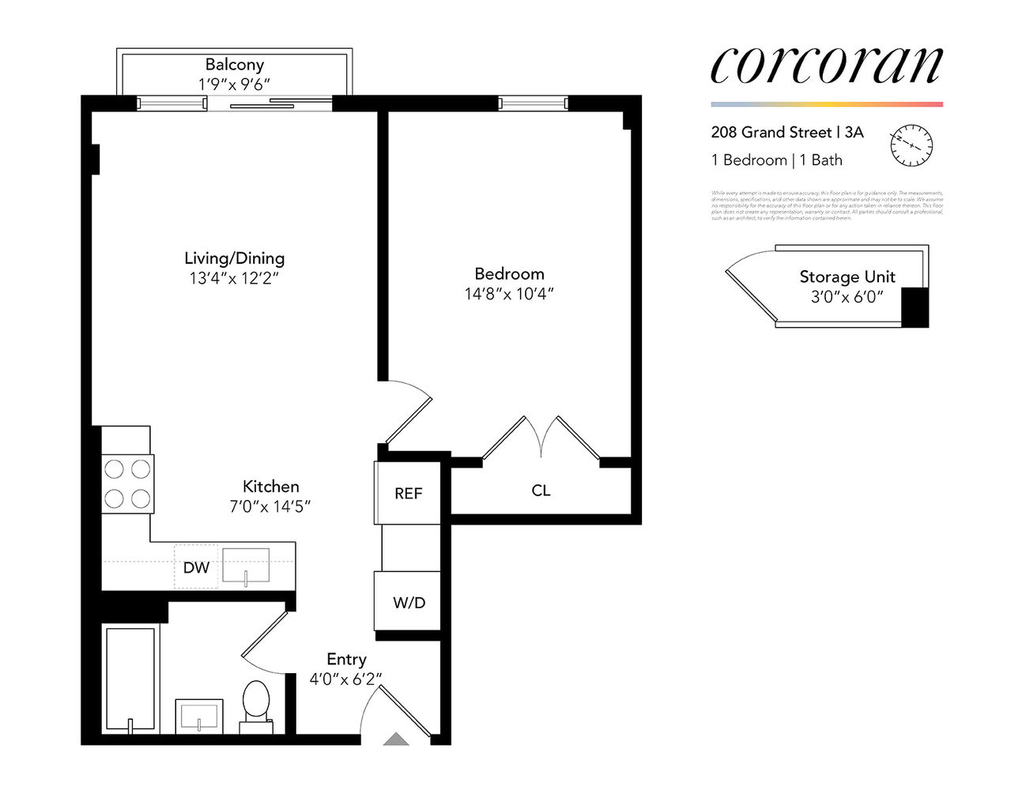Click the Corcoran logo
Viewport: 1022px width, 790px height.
pyautogui.click(x=826, y=66)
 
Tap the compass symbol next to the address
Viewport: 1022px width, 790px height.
pyautogui.click(x=911, y=145)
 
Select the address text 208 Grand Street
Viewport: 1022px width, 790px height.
pyautogui.click(x=771, y=133)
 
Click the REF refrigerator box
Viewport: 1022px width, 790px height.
pyautogui.click(x=408, y=493)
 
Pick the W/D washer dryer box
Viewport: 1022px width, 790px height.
pyautogui.click(x=408, y=602)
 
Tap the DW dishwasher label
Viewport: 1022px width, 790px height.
pyautogui.click(x=196, y=567)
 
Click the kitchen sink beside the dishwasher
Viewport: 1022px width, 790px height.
pyautogui.click(x=246, y=566)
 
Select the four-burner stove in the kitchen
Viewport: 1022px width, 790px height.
pyautogui.click(x=127, y=483)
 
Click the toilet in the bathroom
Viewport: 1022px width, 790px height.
pyautogui.click(x=256, y=702)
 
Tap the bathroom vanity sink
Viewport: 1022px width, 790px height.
pyautogui.click(x=198, y=717)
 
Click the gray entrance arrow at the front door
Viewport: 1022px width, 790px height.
pyautogui.click(x=396, y=739)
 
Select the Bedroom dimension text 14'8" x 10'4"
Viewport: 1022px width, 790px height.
pyautogui.click(x=509, y=294)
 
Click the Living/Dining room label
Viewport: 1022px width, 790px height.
pyautogui.click(x=234, y=258)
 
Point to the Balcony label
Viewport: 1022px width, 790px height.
pyautogui.click(x=234, y=65)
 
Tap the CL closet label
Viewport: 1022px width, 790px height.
pyautogui.click(x=541, y=491)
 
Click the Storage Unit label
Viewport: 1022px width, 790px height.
pyautogui.click(x=847, y=276)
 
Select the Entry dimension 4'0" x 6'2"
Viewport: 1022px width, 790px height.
pyautogui.click(x=345, y=679)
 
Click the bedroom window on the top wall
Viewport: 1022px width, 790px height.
pyautogui.click(x=533, y=103)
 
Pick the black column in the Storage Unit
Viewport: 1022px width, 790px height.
pyautogui.click(x=915, y=307)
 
